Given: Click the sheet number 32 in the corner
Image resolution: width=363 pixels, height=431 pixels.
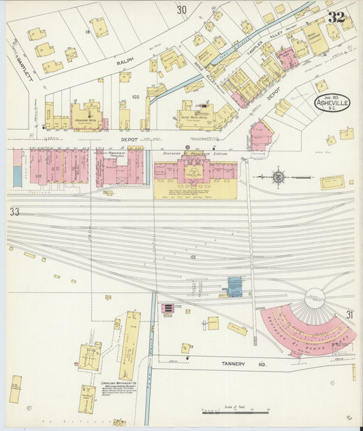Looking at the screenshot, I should pyautogui.click(x=336, y=17).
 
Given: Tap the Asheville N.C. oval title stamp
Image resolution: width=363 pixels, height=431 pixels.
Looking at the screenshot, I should pyautogui.click(x=333, y=103).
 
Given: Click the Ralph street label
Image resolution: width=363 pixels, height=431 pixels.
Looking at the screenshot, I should pyautogui.click(x=125, y=61).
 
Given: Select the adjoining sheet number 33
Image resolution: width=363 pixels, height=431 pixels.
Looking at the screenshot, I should pyautogui.click(x=15, y=212).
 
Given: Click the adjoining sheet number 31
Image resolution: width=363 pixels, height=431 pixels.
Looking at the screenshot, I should pyautogui.click(x=349, y=314).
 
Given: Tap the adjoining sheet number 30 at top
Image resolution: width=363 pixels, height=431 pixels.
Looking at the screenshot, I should pyautogui.click(x=181, y=10).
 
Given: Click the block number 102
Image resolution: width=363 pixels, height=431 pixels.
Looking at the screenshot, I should pyautogui.click(x=135, y=97).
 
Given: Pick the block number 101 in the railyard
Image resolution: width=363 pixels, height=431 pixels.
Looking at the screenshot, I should pyautogui.click(x=193, y=257).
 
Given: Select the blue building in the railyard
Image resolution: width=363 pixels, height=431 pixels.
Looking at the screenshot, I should pyautogui.click(x=234, y=287).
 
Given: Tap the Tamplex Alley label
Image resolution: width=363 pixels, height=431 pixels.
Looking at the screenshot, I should pyautogui.click(x=255, y=44).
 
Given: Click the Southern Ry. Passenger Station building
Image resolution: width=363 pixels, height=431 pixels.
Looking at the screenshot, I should pyautogui.click(x=195, y=175).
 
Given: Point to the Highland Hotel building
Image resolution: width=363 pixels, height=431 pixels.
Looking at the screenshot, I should pyautogui.click(x=85, y=116).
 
